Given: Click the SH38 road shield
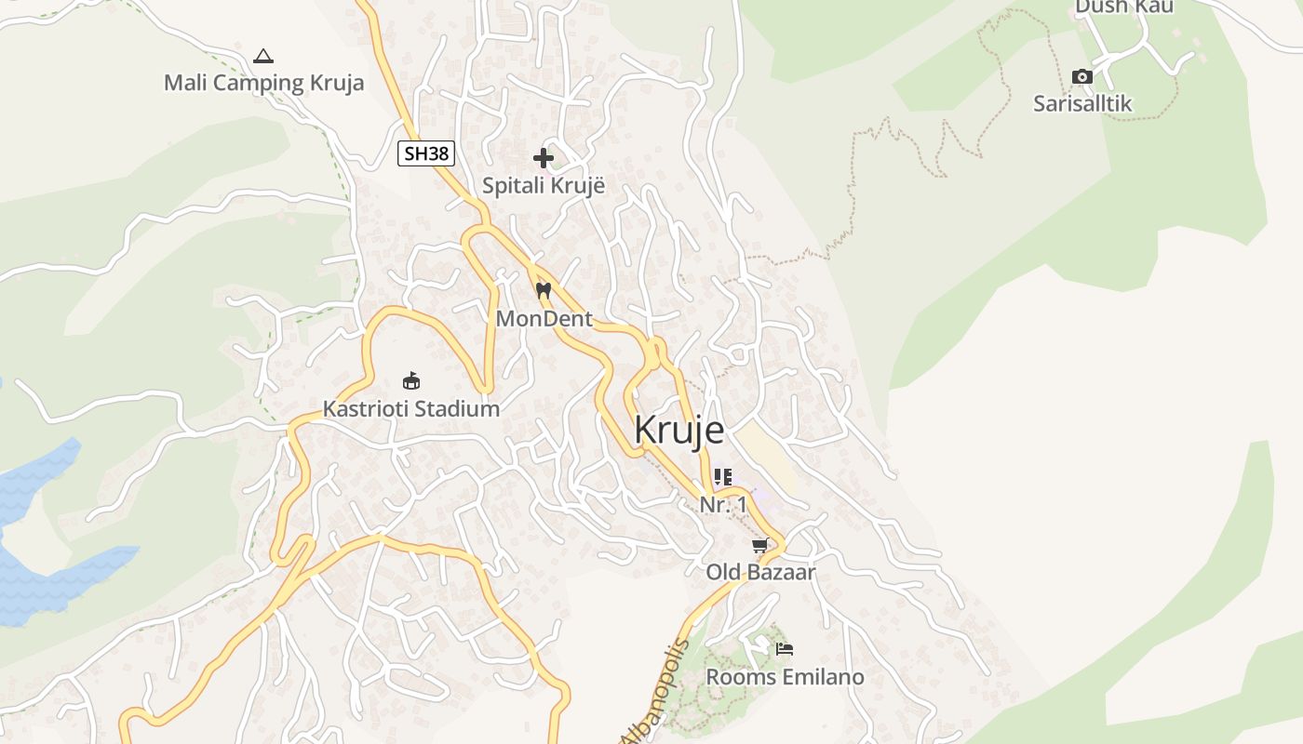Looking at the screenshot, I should pyautogui.click(x=426, y=153).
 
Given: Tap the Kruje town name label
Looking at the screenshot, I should pyautogui.click(x=678, y=431).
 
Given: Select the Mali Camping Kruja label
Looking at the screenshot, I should pyautogui.click(x=263, y=83).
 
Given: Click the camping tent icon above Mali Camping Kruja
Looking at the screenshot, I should pyautogui.click(x=263, y=56).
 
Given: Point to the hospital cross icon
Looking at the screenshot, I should pyautogui.click(x=544, y=158).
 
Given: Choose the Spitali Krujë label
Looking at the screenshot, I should pyautogui.click(x=544, y=185).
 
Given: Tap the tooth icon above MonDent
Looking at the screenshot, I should pyautogui.click(x=544, y=291).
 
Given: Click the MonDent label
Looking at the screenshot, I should pyautogui.click(x=544, y=319).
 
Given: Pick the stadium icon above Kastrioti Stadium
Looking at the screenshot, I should pyautogui.click(x=411, y=380).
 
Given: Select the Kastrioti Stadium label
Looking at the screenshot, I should pyautogui.click(x=411, y=408).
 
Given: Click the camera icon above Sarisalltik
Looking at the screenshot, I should pyautogui.click(x=1081, y=76).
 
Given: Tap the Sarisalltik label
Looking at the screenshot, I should pyautogui.click(x=1082, y=103).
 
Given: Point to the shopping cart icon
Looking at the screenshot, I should pyautogui.click(x=760, y=545).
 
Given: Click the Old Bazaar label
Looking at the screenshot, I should pyautogui.click(x=760, y=572).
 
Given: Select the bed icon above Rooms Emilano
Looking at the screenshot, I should pyautogui.click(x=785, y=649).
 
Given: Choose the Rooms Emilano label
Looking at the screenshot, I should pyautogui.click(x=785, y=677).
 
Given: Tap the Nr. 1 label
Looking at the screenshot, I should pyautogui.click(x=723, y=504).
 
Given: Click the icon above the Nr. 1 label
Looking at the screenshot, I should pyautogui.click(x=723, y=477).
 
